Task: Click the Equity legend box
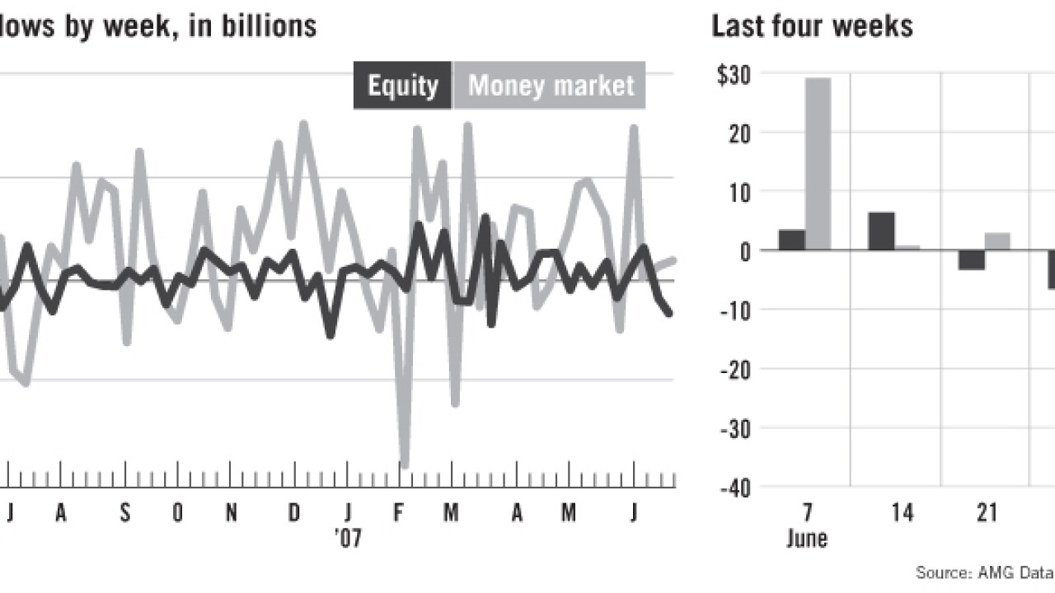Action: click(x=403, y=86)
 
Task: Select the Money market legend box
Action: click(x=551, y=86)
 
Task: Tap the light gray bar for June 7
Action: click(x=818, y=163)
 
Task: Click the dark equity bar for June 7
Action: click(x=791, y=240)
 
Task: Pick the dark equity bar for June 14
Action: click(x=881, y=231)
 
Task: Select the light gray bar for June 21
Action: click(x=997, y=241)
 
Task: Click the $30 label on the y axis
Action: click(x=733, y=74)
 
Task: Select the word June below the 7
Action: click(x=807, y=539)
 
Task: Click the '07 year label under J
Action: click(x=348, y=539)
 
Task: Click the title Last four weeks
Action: click(x=812, y=26)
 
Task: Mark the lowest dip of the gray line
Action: click(x=405, y=465)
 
